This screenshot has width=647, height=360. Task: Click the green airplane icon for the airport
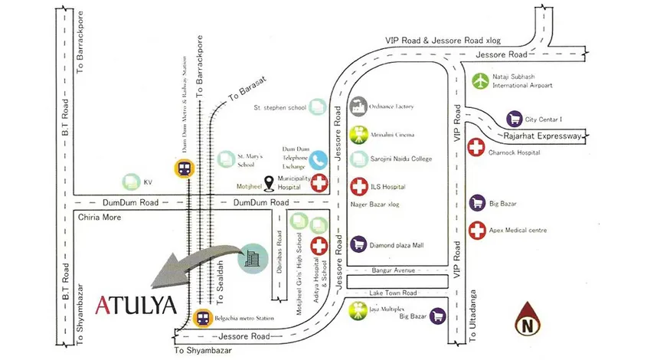pyautogui.click(x=480, y=80)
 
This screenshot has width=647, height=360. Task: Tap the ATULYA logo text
pyautogui.click(x=137, y=305)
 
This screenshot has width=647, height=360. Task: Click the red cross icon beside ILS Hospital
pyautogui.click(x=358, y=186)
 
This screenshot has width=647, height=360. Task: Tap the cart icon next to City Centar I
pyautogui.click(x=515, y=119)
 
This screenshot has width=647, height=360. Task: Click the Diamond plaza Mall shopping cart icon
pyautogui.click(x=358, y=245)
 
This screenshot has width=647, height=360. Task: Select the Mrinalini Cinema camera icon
pyautogui.click(x=358, y=135)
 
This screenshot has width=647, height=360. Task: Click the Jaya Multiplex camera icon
pyautogui.click(x=358, y=310)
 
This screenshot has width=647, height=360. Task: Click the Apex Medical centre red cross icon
pyautogui.click(x=477, y=229)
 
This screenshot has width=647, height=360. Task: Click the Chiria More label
pyautogui.click(x=101, y=218)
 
